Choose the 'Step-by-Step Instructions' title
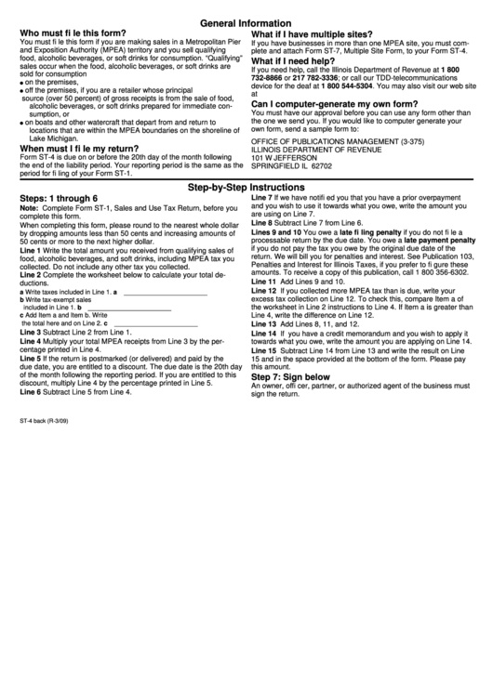pos(246,187)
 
